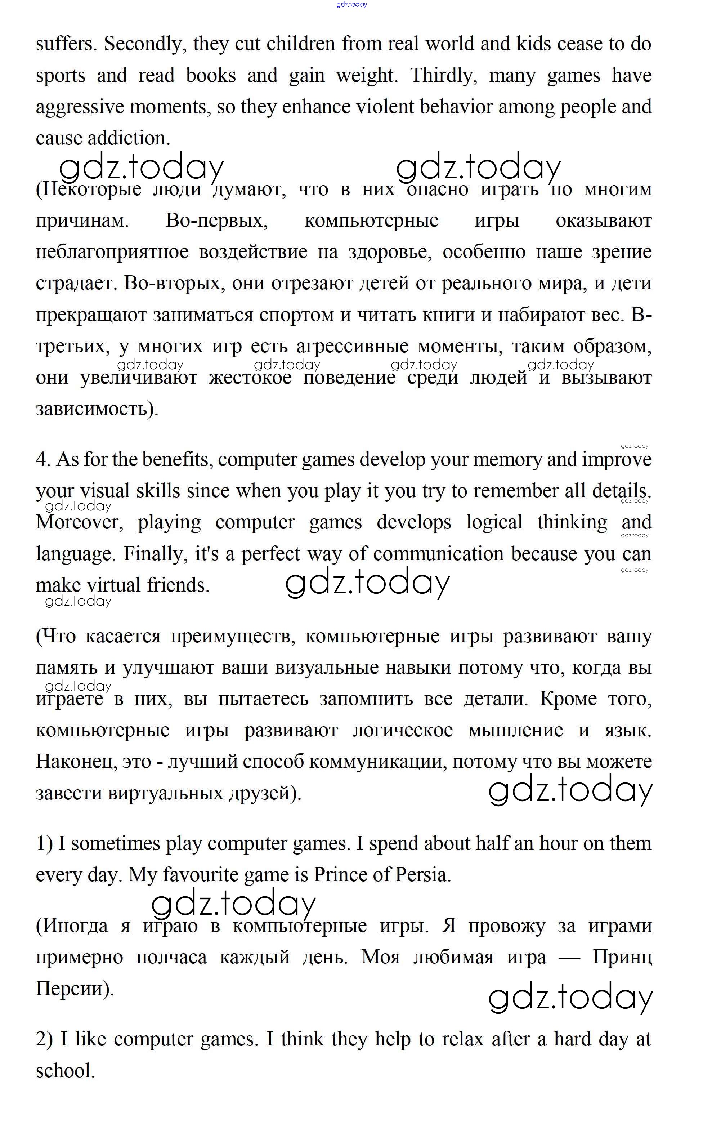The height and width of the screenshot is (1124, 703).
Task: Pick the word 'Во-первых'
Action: point(217,221)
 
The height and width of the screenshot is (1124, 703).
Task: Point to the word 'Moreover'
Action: point(79,523)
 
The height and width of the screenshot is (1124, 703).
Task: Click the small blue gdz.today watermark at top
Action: point(351,5)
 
